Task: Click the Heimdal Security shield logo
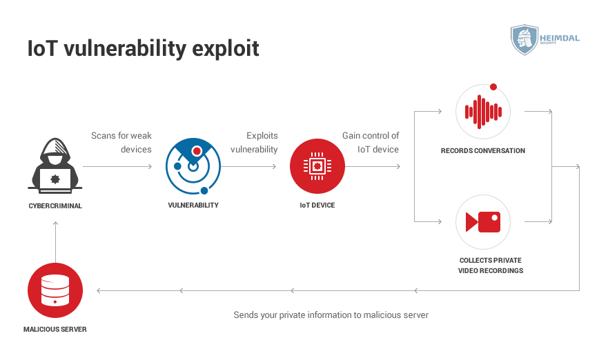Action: pyautogui.click(x=524, y=39)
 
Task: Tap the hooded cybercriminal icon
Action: pyautogui.click(x=55, y=166)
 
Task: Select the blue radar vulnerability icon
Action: pyautogui.click(x=193, y=166)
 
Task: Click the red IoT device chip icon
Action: pyautogui.click(x=317, y=166)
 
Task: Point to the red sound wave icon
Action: pyautogui.click(x=483, y=112)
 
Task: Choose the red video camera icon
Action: pyautogui.click(x=483, y=221)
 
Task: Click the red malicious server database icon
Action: pyautogui.click(x=55, y=290)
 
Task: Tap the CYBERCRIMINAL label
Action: pyautogui.click(x=55, y=206)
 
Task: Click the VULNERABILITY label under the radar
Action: pyautogui.click(x=193, y=205)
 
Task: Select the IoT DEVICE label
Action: pyautogui.click(x=317, y=205)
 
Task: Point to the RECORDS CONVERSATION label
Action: pyautogui.click(x=483, y=151)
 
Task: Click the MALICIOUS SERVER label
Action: pyautogui.click(x=55, y=329)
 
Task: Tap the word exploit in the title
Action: pyautogui.click(x=226, y=49)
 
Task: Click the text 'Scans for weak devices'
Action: pyautogui.click(x=121, y=142)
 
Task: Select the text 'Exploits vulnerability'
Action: pyautogui.click(x=255, y=142)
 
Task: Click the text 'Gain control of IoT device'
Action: pyautogui.click(x=371, y=142)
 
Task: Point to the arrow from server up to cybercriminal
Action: pyautogui.click(x=55, y=242)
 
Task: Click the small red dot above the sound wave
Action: pyautogui.click(x=493, y=87)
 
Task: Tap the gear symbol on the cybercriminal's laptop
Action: pyautogui.click(x=55, y=179)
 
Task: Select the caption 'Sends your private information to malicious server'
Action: pyautogui.click(x=331, y=315)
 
